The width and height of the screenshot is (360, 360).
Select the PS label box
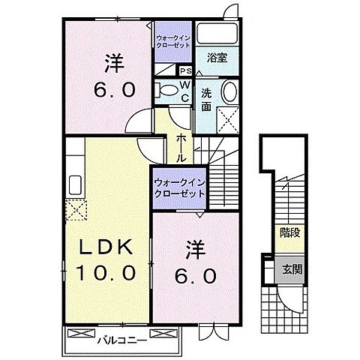coord(184,71)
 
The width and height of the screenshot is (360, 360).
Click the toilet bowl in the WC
coord(166,90)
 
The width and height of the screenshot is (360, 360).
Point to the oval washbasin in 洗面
coord(229,93)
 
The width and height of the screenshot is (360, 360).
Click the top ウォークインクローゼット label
coord(174,41)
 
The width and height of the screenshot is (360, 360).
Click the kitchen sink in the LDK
coord(75,185)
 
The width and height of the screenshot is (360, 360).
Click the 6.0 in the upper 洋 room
coord(114,90)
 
